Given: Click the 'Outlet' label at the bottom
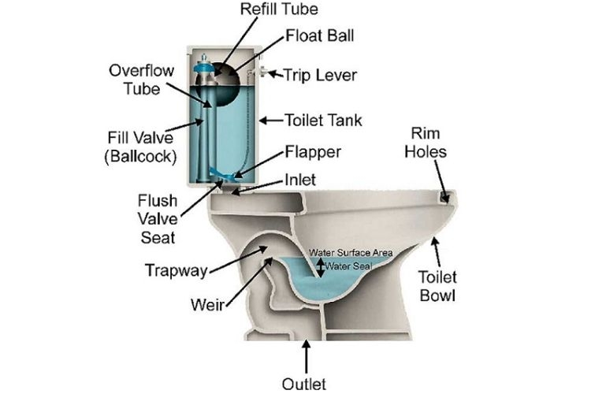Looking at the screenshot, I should pyautogui.click(x=303, y=384).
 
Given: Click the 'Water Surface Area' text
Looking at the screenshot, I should pyautogui.click(x=350, y=252).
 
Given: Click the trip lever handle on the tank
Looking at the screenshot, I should pyautogui.click(x=262, y=73).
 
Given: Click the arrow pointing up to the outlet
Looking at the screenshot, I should pyautogui.click(x=306, y=355).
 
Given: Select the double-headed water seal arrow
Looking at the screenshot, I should pyautogui.click(x=320, y=265).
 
